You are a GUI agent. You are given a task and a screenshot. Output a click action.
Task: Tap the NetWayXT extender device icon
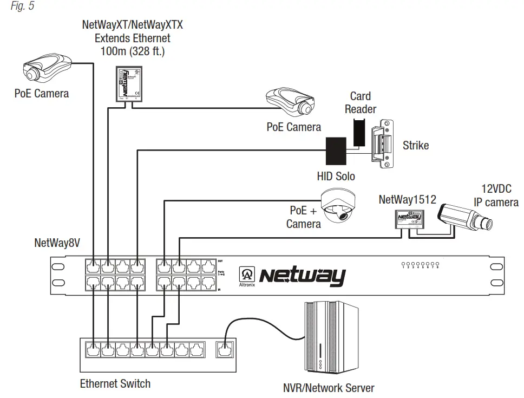click(x=128, y=83)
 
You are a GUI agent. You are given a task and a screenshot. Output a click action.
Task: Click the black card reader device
click(x=359, y=132)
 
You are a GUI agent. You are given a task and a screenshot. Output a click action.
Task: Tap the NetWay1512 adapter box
click(x=409, y=218)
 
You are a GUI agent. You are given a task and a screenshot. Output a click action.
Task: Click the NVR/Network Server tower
click(x=331, y=339)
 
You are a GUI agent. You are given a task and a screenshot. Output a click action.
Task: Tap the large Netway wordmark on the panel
click(x=302, y=276)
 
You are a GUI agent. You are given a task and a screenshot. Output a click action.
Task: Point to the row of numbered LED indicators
click(x=420, y=265)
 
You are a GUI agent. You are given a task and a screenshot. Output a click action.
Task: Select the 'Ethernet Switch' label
click(x=115, y=383)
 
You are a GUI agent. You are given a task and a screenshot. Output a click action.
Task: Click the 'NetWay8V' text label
click(x=57, y=243)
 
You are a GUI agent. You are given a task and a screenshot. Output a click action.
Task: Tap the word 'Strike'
click(x=415, y=145)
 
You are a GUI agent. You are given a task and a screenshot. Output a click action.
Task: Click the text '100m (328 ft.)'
click(x=133, y=52)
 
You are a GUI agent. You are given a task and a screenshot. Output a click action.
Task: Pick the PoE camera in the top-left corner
click(x=45, y=68)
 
